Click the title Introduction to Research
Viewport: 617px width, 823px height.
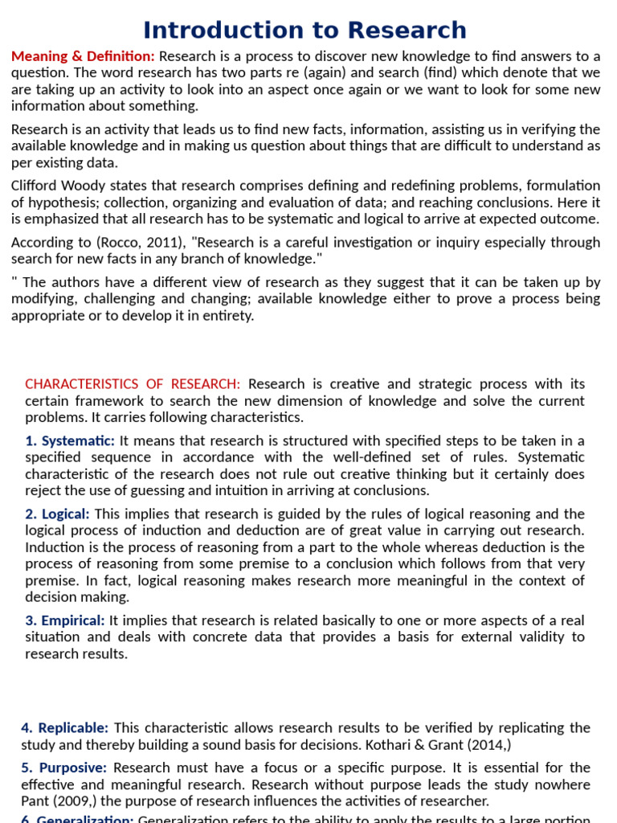pos(304,30)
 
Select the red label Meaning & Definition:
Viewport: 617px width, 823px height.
pos(83,56)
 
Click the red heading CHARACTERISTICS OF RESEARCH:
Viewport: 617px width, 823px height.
pos(133,384)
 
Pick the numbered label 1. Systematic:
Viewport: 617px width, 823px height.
pos(70,440)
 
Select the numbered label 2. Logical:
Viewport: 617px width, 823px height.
pos(58,514)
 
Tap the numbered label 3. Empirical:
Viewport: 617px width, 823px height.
pos(65,620)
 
